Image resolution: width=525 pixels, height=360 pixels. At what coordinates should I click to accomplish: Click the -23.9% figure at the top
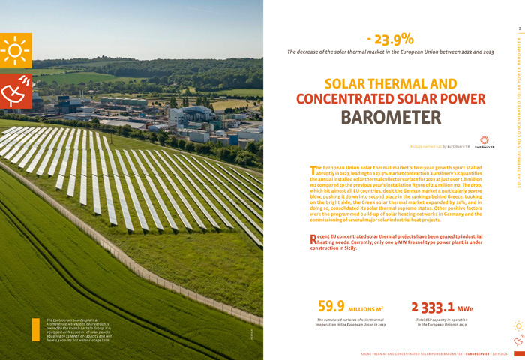point(390,39)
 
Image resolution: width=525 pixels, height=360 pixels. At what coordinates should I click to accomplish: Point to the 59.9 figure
point(331,306)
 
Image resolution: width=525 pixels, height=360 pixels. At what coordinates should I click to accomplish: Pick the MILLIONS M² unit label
point(366,308)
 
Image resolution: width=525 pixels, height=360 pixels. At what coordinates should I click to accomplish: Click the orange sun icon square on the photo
point(15,50)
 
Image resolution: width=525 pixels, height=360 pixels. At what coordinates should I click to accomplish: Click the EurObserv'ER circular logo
point(484,141)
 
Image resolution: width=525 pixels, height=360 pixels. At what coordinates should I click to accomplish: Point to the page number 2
point(518,29)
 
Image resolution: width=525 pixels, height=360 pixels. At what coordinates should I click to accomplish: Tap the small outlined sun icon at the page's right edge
point(517,325)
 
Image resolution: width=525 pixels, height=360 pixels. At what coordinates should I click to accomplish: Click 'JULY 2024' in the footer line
point(499,352)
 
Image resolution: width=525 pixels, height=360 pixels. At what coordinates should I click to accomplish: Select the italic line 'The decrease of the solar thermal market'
point(390,52)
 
